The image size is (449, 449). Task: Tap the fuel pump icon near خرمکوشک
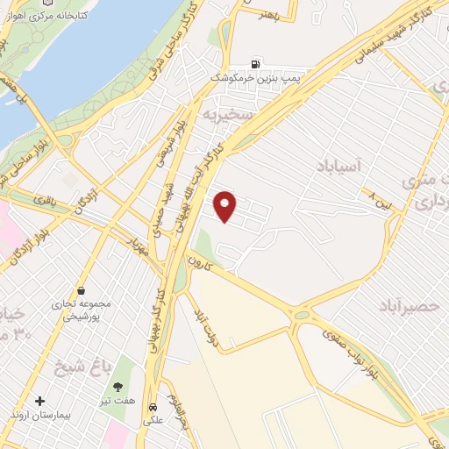(x=255, y=63)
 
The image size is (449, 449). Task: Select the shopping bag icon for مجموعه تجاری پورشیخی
(x=81, y=289)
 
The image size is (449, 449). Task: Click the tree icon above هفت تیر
(x=118, y=386)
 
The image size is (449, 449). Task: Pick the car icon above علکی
(x=152, y=408)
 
